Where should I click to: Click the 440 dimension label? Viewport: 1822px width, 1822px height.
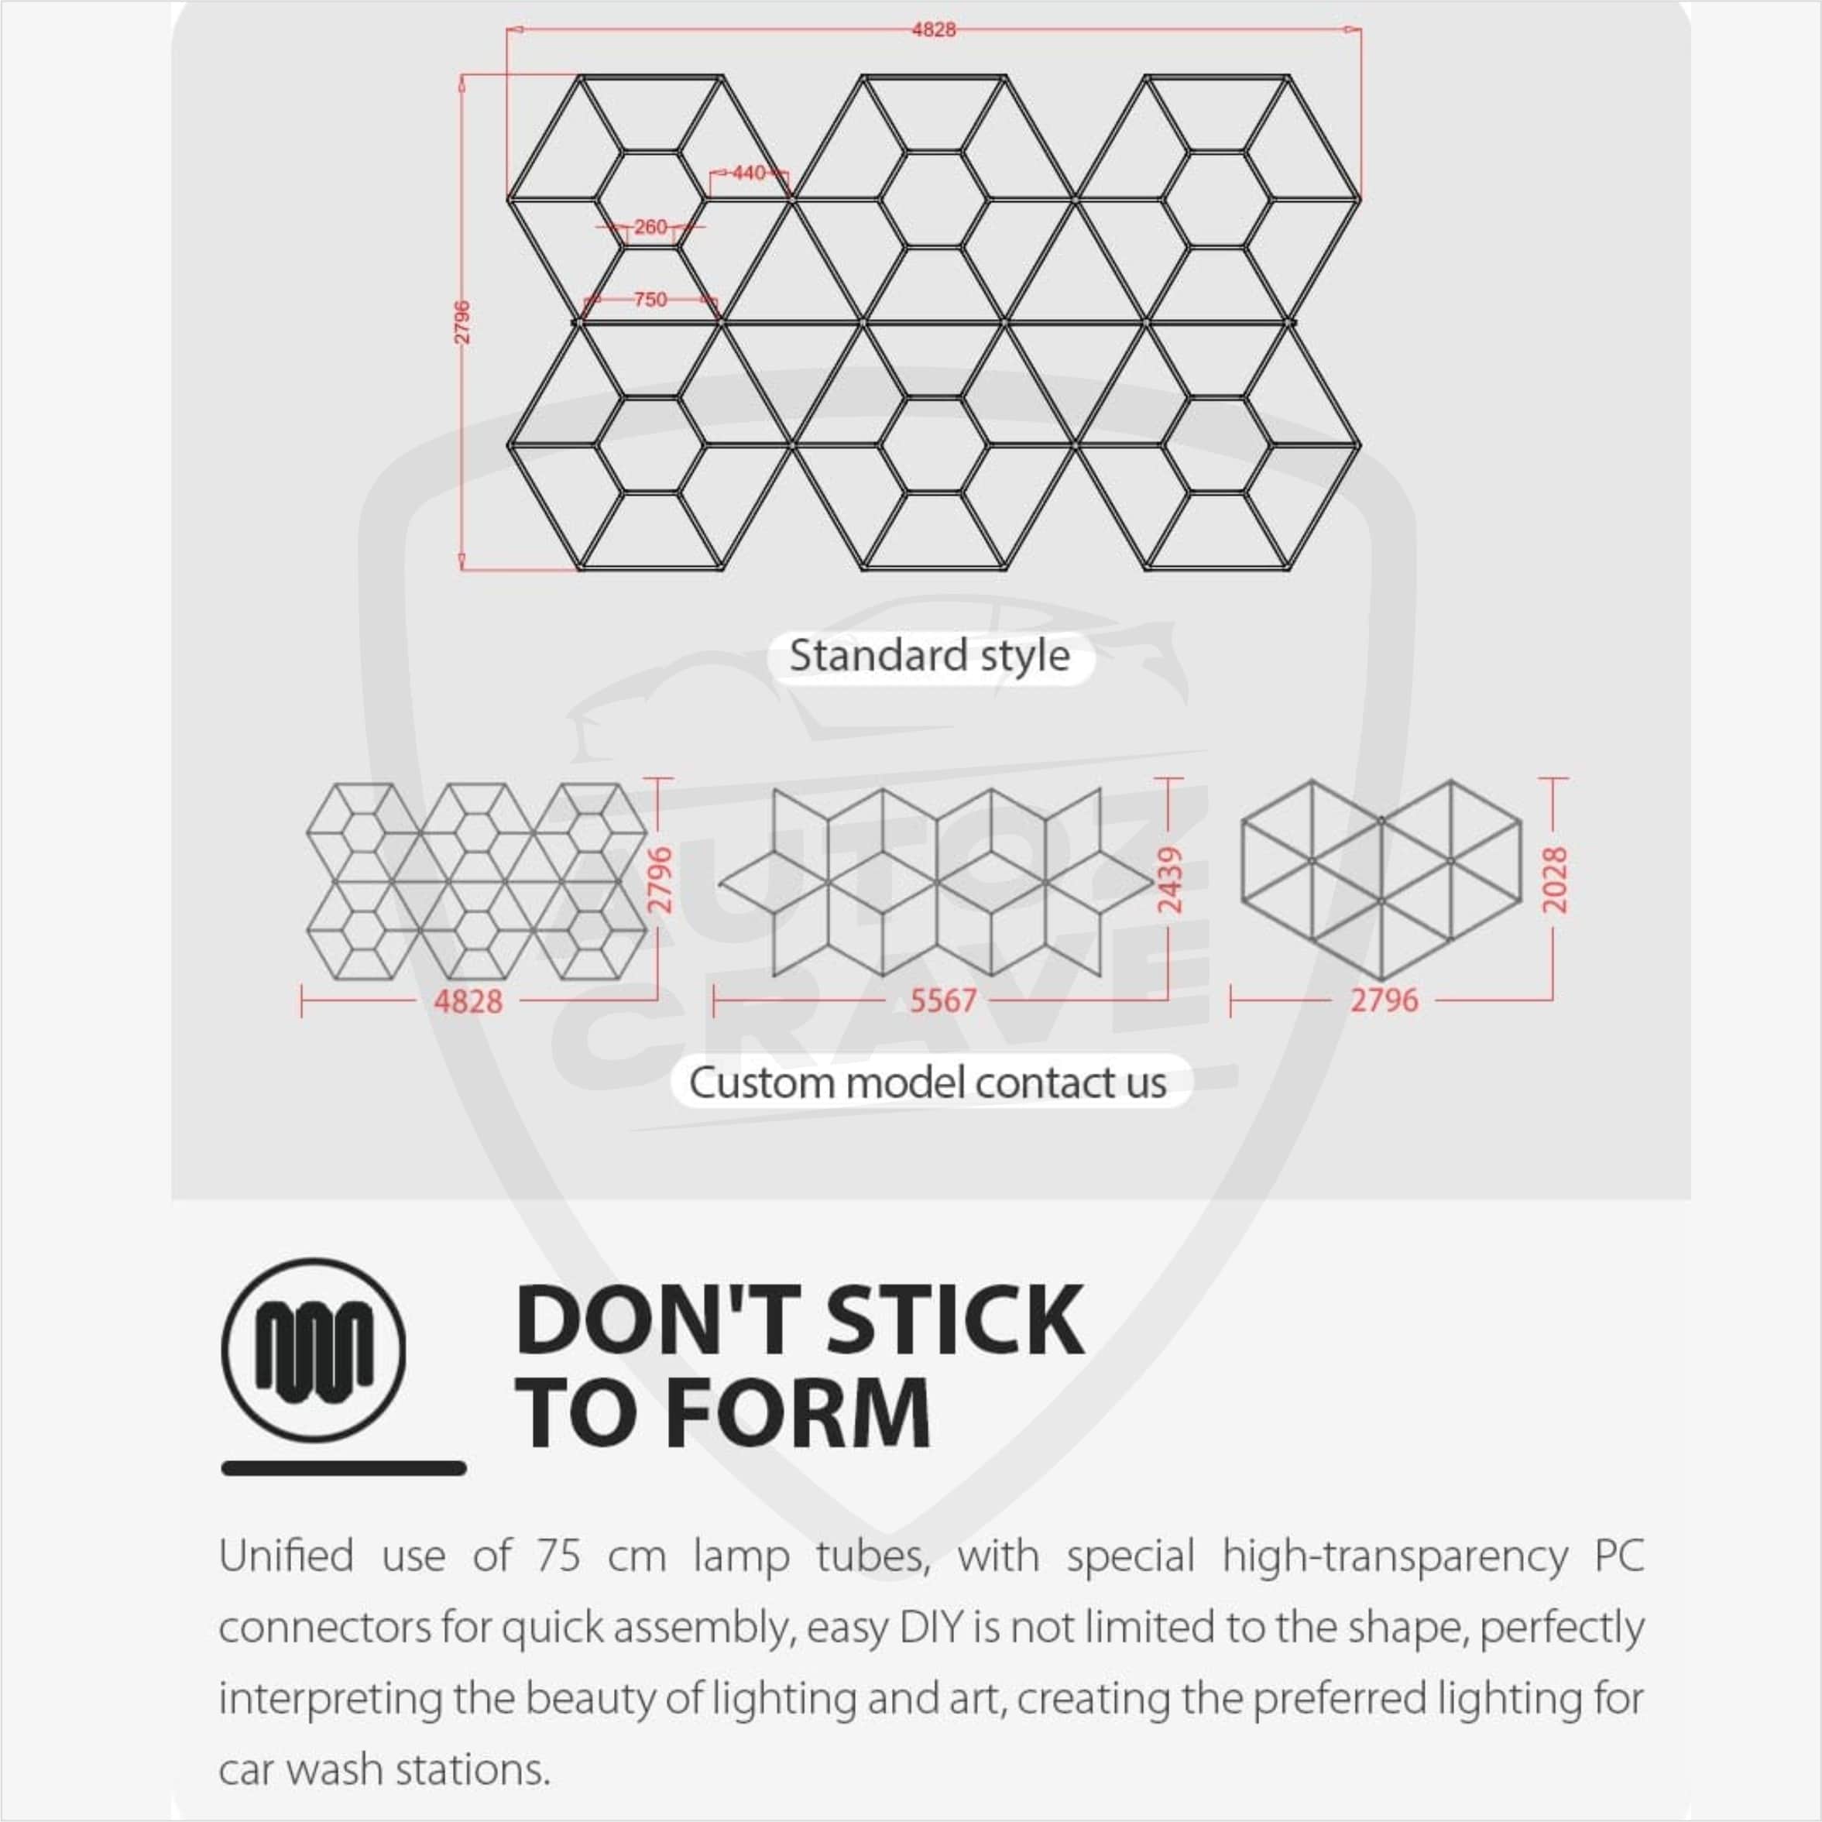click(749, 173)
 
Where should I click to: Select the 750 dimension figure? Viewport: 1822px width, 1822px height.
click(650, 299)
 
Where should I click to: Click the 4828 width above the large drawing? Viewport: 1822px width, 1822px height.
click(934, 29)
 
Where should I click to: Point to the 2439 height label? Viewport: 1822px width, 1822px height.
click(1169, 879)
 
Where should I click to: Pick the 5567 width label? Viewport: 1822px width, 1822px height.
click(943, 1000)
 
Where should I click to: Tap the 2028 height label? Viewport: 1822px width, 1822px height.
click(1554, 879)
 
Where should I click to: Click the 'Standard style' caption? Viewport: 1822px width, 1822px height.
click(930, 655)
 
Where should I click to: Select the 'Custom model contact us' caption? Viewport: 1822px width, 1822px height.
click(928, 1083)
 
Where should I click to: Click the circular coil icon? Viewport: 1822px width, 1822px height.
click(314, 1350)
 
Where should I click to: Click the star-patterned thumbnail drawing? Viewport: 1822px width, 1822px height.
click(935, 883)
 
